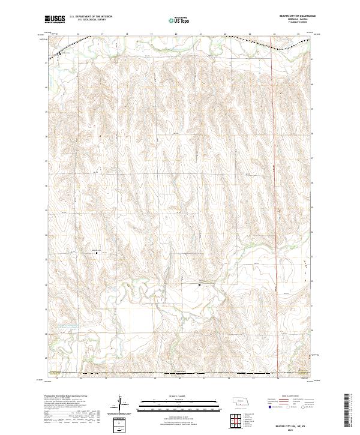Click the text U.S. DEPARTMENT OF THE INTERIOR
click(91, 17)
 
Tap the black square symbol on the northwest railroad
click(60, 54)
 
